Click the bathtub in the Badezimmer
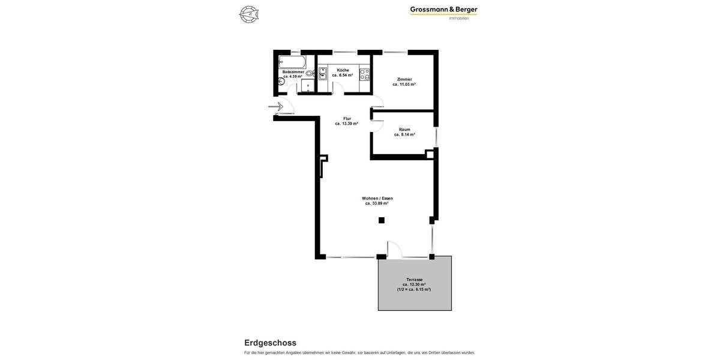292,61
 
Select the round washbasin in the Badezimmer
309,73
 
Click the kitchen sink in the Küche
323,74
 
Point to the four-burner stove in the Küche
364,74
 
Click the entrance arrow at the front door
276,107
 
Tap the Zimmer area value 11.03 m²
404,85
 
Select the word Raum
404,130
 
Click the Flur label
347,119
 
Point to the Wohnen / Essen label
377,199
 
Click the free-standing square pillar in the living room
382,220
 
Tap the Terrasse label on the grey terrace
414,280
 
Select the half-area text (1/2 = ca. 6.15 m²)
414,289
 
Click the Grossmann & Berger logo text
443,10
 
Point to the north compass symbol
248,14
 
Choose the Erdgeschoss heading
270,343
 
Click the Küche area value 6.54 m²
343,76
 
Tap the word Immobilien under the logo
459,19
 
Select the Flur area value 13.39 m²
347,124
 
